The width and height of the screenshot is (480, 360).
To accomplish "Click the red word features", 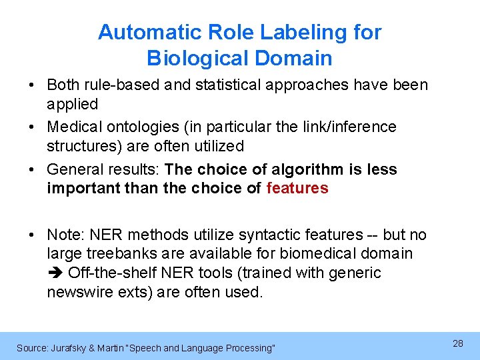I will pyautogui.click(x=297, y=188).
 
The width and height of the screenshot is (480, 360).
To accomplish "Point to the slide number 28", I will pyautogui.click(x=458, y=343).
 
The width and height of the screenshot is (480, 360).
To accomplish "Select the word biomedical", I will pyautogui.click(x=322, y=253).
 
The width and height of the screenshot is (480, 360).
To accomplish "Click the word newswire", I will pyautogui.click(x=81, y=291).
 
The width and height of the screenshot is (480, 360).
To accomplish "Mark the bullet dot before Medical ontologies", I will pyautogui.click(x=32, y=127).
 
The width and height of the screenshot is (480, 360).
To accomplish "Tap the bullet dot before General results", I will pyautogui.click(x=32, y=169).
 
